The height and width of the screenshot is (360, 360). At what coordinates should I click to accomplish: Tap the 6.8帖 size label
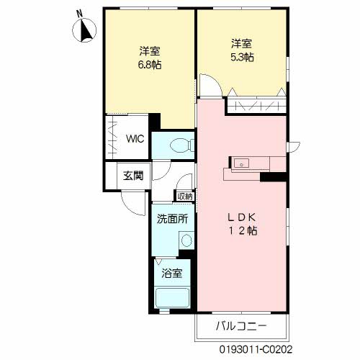pyautogui.click(x=150, y=65)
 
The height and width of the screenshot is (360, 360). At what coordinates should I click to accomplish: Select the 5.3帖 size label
pyautogui.click(x=242, y=58)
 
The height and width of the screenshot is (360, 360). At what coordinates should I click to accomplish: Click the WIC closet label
pyautogui.click(x=135, y=139)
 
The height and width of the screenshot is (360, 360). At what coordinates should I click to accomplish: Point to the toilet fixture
pyautogui.click(x=182, y=145)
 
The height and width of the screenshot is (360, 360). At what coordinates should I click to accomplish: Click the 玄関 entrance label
pyautogui.click(x=133, y=176)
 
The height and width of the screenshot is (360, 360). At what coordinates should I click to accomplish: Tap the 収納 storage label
pyautogui.click(x=185, y=197)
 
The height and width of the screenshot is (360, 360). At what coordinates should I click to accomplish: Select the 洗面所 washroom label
pyautogui.click(x=172, y=219)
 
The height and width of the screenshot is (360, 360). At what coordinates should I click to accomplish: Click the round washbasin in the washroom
pyautogui.click(x=186, y=240)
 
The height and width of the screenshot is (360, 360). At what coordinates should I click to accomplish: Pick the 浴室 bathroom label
pyautogui.click(x=172, y=273)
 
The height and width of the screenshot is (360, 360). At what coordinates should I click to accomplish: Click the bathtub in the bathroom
pyautogui.click(x=172, y=298)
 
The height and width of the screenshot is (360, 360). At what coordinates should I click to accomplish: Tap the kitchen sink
pyautogui.click(x=241, y=164)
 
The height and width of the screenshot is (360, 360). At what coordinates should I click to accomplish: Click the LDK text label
pyautogui.click(x=241, y=217)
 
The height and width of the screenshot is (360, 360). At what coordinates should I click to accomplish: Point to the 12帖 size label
pyautogui.click(x=243, y=231)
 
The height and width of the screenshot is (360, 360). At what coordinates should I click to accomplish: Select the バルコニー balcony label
pyautogui.click(x=241, y=326)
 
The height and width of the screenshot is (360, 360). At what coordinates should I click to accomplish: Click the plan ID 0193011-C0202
pyautogui.click(x=256, y=349)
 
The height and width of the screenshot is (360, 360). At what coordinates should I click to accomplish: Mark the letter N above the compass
pyautogui.click(x=79, y=14)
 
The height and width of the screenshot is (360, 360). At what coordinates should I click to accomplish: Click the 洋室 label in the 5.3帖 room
pyautogui.click(x=242, y=44)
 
